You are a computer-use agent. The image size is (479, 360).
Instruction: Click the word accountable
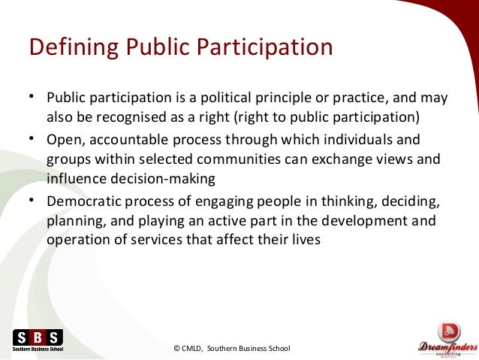click(x=123, y=140)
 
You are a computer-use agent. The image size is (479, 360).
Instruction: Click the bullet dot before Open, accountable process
click(x=32, y=139)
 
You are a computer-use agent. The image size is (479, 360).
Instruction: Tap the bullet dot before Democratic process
click(x=32, y=201)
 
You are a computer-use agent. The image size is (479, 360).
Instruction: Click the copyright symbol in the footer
click(x=176, y=348)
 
